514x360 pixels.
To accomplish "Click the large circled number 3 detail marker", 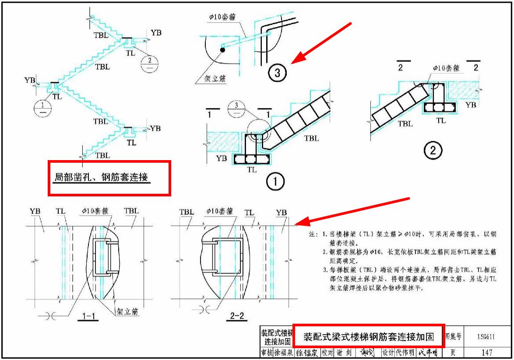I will point(277,73).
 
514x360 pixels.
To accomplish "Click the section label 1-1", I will point(87,318).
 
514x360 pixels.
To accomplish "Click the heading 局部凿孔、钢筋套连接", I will point(102,178).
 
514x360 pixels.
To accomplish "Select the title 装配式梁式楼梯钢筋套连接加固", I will point(369,337).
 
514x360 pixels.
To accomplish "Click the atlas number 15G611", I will point(486,337).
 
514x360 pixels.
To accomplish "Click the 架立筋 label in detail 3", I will point(215,80).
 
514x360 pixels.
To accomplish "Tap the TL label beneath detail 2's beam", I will point(441,120).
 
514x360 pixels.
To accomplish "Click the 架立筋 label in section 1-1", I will point(127,312).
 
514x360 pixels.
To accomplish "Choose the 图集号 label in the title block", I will point(453,337).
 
